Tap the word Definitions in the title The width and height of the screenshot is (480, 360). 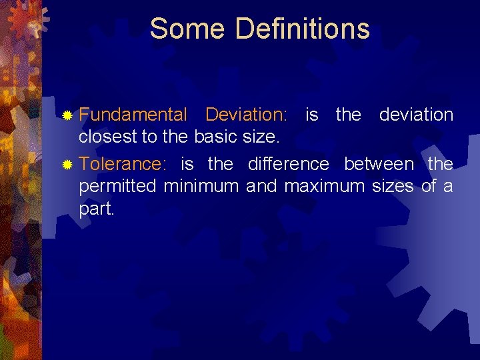click(x=302, y=29)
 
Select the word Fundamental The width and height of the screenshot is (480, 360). click(x=133, y=115)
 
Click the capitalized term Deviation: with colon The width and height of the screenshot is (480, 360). click(x=246, y=115)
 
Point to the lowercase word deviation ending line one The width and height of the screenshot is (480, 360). click(x=416, y=115)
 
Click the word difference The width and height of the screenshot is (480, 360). click(x=288, y=163)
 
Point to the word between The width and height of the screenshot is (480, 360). click(x=378, y=163)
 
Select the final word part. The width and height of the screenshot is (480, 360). click(x=97, y=209)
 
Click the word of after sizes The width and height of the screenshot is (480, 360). click(x=427, y=187)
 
